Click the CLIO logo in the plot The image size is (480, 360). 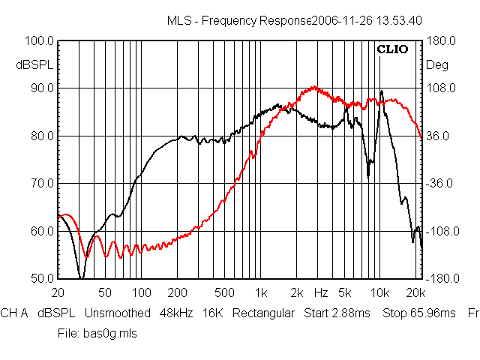click(x=392, y=50)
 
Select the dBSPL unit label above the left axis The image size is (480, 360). click(x=31, y=65)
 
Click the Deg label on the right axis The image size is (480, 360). click(x=437, y=65)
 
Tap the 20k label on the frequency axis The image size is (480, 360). click(x=415, y=292)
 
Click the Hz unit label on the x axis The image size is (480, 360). click(x=321, y=292)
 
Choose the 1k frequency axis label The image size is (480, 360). click(x=261, y=292)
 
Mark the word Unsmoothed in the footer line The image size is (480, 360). click(x=117, y=313)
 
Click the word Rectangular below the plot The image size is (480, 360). click(x=263, y=313)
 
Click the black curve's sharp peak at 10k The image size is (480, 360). click(x=381, y=91)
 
